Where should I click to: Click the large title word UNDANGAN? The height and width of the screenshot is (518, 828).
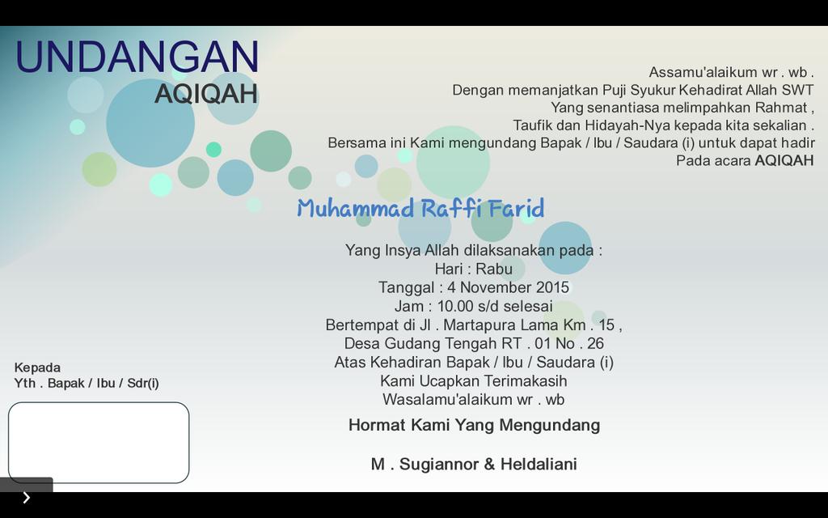tap(137, 58)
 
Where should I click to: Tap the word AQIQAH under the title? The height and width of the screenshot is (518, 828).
tap(206, 94)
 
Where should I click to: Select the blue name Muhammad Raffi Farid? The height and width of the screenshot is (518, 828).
tap(420, 209)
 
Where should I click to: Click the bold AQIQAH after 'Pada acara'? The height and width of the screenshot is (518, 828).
tap(784, 160)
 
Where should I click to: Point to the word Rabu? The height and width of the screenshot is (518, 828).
tap(494, 269)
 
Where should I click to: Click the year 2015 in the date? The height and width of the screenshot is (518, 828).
tap(552, 287)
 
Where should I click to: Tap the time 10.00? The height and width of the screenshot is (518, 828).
tap(457, 306)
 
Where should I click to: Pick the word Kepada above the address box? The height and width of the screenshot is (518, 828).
tap(37, 367)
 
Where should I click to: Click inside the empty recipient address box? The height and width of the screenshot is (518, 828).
tap(99, 443)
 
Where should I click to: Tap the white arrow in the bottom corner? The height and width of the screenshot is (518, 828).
tap(26, 498)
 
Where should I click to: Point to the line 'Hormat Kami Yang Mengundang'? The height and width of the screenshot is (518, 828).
tap(474, 425)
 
